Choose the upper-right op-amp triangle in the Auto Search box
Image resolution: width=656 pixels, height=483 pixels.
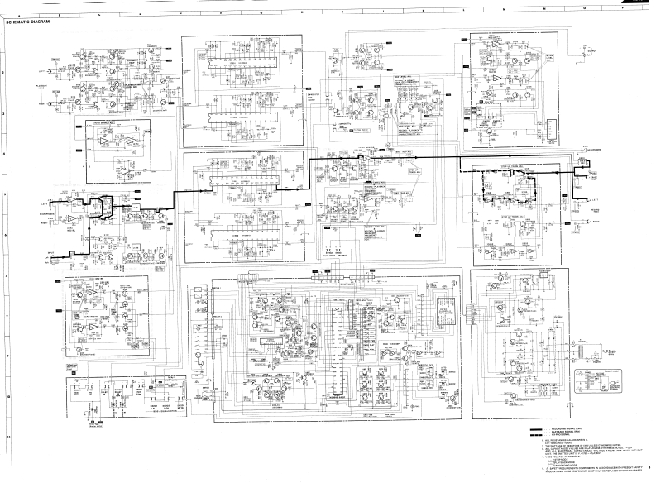(132, 142)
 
